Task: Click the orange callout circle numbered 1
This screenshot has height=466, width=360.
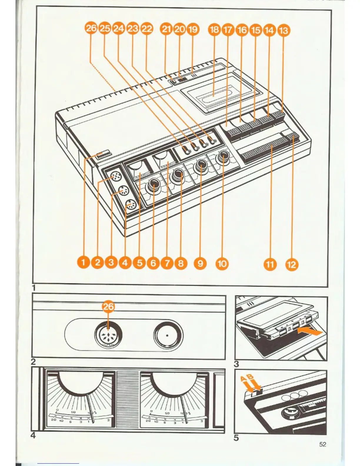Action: click(84, 262)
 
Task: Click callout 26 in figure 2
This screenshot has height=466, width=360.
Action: click(109, 307)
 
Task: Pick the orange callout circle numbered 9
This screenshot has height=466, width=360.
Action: click(200, 263)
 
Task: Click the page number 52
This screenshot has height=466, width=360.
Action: click(323, 444)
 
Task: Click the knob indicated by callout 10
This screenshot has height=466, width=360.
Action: click(224, 158)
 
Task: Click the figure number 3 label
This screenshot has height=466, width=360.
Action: click(236, 364)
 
